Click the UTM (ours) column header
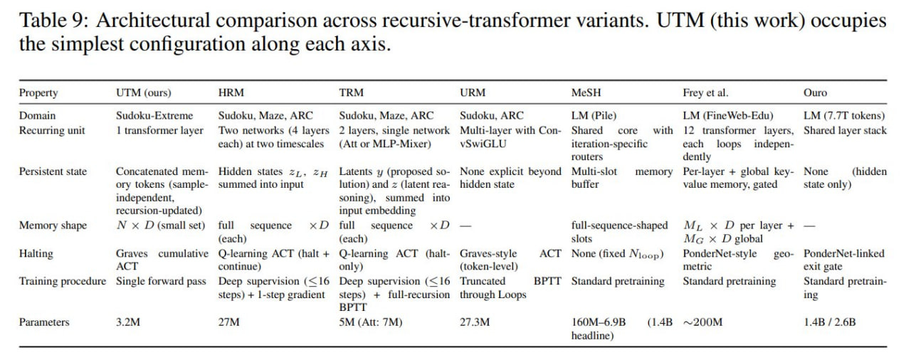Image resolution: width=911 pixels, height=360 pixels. pyautogui.click(x=144, y=93)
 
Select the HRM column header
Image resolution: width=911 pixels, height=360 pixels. pyautogui.click(x=231, y=92)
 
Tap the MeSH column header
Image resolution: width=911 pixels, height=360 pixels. pyautogui.click(x=586, y=92)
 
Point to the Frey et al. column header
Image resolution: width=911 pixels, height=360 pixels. pyautogui.click(x=705, y=92)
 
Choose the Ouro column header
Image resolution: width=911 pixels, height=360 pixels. pyautogui.click(x=815, y=92)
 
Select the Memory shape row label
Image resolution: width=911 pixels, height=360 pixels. pyautogui.click(x=53, y=226)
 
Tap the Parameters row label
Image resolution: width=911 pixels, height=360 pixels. pyautogui.click(x=44, y=322)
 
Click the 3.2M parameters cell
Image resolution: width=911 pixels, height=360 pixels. pyautogui.click(x=128, y=322)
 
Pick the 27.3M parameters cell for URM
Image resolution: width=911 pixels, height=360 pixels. pyautogui.click(x=475, y=322)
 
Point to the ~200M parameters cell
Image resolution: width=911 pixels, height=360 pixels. pyautogui.click(x=702, y=322)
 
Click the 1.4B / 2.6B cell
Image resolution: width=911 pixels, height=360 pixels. pyautogui.click(x=830, y=322)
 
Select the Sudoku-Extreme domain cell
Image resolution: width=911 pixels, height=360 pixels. pyautogui.click(x=154, y=115)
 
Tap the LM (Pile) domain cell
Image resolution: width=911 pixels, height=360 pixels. pyautogui.click(x=594, y=115)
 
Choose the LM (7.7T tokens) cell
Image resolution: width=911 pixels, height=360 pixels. pyautogui.click(x=844, y=115)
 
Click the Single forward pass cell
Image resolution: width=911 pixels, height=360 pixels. pyautogui.click(x=161, y=281)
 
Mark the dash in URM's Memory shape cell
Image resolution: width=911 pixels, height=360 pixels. pyautogui.click(x=465, y=226)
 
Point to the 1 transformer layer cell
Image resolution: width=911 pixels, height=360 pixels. pyautogui.click(x=159, y=130)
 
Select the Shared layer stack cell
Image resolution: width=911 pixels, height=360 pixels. pyautogui.click(x=845, y=130)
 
